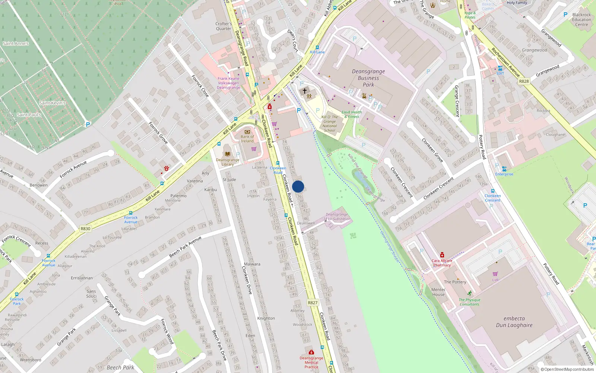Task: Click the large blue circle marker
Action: [x=298, y=186]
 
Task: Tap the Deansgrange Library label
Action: [x=228, y=162]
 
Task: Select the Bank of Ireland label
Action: [x=247, y=139]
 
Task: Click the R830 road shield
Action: [x=85, y=229]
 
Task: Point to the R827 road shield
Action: [x=313, y=303]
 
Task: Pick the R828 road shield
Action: [x=524, y=81]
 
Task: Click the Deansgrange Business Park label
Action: [x=368, y=78]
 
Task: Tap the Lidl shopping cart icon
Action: [x=495, y=274]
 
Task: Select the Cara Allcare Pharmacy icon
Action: [x=442, y=255]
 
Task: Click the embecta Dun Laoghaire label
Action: [x=514, y=322]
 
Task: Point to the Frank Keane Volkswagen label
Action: [x=228, y=83]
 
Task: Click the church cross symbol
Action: [x=305, y=91]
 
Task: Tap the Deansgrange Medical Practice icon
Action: [x=311, y=352]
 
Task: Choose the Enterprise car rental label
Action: [x=504, y=174]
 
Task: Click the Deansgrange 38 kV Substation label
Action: [x=337, y=217]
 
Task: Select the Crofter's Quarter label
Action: [x=223, y=26]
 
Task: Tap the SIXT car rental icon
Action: [x=500, y=68]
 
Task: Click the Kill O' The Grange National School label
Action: [x=329, y=123]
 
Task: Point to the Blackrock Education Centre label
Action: [x=581, y=20]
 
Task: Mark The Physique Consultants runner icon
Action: [x=469, y=293]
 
